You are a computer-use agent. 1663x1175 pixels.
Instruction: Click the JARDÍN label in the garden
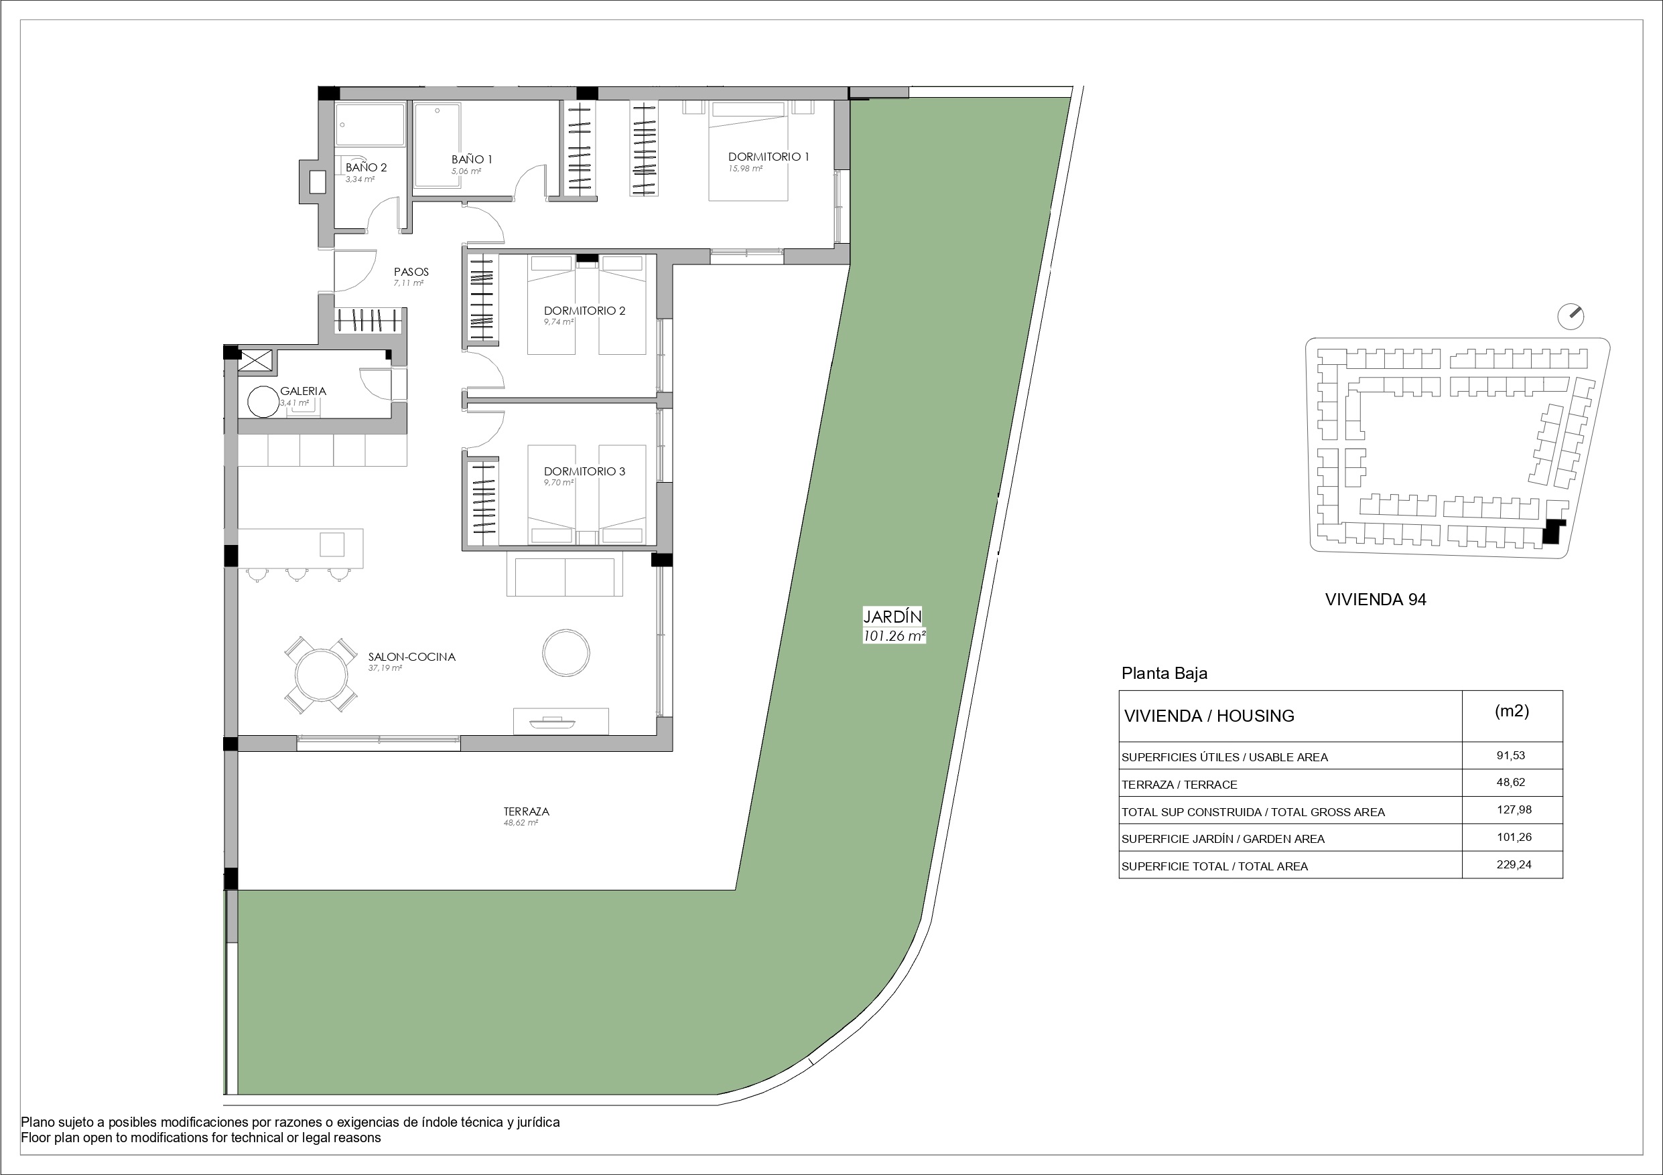(x=892, y=616)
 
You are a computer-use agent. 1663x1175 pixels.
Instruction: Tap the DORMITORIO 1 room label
(x=769, y=157)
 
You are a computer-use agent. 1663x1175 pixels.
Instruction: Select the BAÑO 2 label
(x=366, y=167)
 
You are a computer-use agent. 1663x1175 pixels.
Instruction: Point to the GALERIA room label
(x=303, y=391)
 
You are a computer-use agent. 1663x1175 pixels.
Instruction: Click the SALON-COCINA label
(x=411, y=657)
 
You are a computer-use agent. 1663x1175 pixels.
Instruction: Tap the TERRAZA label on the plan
(x=527, y=811)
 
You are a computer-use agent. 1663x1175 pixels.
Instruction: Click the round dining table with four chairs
(x=320, y=676)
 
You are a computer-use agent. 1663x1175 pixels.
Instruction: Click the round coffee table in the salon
(x=566, y=652)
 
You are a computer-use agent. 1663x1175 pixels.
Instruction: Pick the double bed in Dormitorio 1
(x=748, y=151)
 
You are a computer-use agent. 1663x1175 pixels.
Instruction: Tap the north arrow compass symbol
(x=1571, y=315)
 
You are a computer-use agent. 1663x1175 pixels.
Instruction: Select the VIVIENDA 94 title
(x=1376, y=599)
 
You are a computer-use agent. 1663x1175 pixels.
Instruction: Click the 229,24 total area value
(x=1514, y=864)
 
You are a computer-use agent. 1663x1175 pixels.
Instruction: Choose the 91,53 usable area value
(x=1511, y=755)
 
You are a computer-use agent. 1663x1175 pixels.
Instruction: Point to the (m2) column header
(x=1512, y=711)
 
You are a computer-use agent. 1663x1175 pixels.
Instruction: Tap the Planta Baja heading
(x=1164, y=674)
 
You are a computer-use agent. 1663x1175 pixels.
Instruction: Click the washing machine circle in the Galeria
(x=263, y=402)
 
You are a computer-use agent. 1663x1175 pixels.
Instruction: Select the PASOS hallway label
(x=411, y=272)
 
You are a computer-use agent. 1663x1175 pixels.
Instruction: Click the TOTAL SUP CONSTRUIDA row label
(x=1253, y=812)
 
